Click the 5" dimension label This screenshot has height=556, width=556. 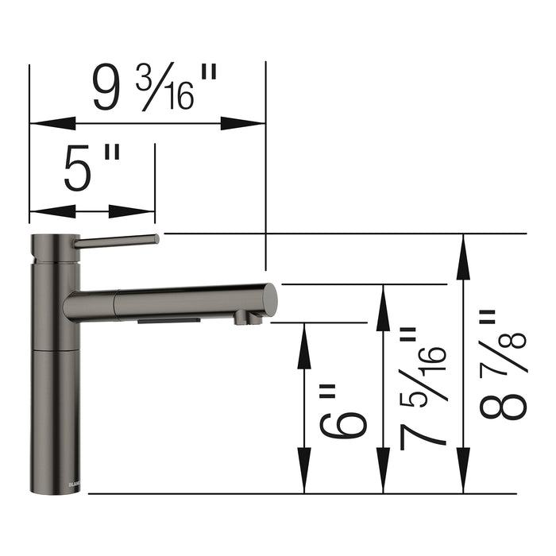tap(91, 171)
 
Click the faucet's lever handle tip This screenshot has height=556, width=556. tap(155, 239)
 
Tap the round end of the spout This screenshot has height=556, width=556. tap(270, 299)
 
